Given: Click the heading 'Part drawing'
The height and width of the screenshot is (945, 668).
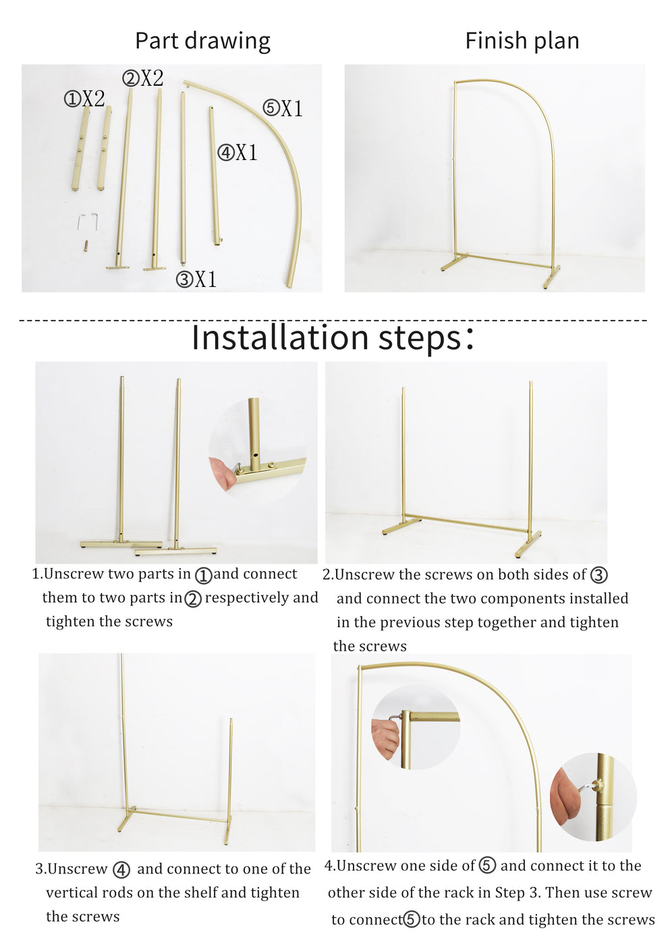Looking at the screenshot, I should (202, 41).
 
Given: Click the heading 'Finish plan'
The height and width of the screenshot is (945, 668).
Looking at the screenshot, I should (522, 41).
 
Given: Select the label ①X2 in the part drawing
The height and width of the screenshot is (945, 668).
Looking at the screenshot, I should (84, 99).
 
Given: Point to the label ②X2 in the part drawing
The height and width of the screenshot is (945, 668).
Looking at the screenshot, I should (142, 78).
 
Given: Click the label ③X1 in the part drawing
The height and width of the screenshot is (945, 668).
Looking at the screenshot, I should (196, 279).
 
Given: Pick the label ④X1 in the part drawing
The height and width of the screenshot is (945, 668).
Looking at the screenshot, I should (238, 153).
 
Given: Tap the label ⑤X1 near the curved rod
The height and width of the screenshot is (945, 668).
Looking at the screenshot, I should (283, 108).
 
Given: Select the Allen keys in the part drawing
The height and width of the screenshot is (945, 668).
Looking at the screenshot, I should (88, 221).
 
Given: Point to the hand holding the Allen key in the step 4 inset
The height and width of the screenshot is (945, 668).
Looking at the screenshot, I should (385, 738).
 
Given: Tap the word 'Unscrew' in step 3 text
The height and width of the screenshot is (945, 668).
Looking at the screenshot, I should (78, 869).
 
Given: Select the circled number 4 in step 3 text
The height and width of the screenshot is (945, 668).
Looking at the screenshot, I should (121, 869).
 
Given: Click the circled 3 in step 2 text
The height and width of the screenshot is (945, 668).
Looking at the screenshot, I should (599, 575).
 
